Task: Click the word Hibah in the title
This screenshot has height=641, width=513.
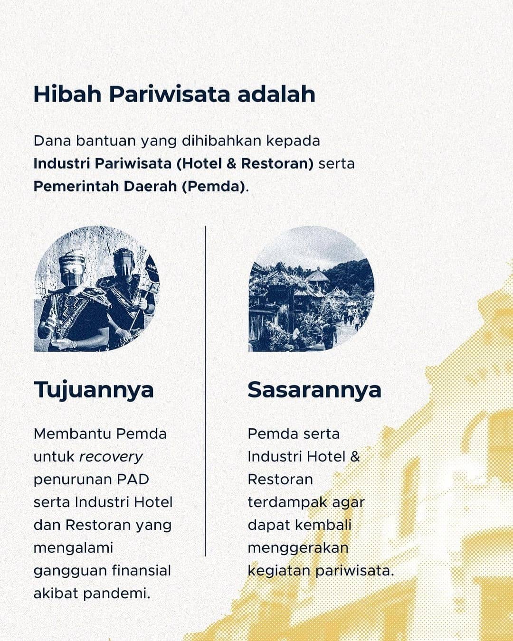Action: (x=68, y=94)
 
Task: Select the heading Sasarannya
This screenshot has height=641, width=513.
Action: (x=314, y=390)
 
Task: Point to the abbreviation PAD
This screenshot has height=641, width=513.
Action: (x=133, y=480)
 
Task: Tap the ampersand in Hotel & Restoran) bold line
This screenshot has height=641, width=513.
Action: (x=231, y=163)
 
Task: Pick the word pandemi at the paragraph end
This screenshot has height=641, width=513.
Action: (x=116, y=594)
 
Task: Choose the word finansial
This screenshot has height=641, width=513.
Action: (x=141, y=571)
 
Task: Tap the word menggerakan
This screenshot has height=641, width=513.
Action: (x=298, y=548)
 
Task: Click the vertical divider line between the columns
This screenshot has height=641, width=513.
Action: (x=205, y=391)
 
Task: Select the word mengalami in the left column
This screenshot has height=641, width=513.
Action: (x=73, y=548)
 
